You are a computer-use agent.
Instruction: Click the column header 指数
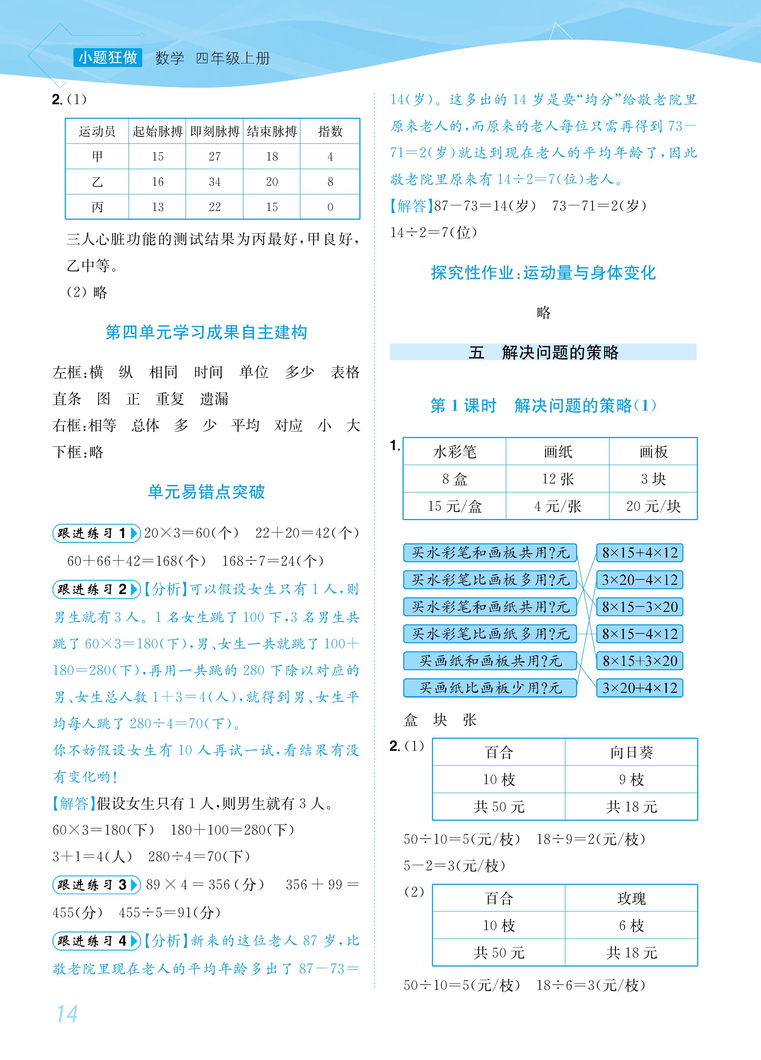click(330, 131)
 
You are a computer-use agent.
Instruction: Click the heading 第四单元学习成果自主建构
click(206, 332)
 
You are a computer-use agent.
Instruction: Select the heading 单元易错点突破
click(206, 492)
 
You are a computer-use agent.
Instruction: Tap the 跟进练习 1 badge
click(96, 533)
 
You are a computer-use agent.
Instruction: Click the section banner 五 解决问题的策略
click(543, 352)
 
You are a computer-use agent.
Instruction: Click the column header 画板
click(653, 452)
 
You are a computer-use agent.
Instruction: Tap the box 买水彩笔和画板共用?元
click(490, 553)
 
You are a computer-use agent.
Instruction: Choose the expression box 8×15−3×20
click(640, 607)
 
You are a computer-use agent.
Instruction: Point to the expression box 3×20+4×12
click(640, 688)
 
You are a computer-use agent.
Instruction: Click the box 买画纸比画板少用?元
click(490, 688)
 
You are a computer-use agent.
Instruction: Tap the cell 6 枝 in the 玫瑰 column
click(631, 925)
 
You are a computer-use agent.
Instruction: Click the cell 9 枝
click(631, 779)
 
